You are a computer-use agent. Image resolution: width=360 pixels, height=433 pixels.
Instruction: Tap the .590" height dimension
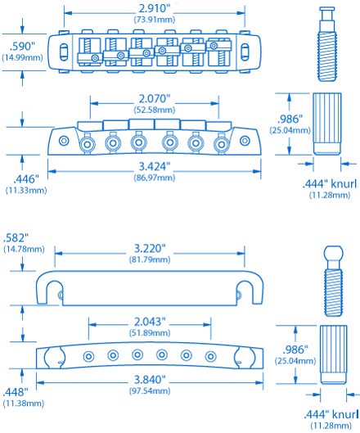coord(23,47)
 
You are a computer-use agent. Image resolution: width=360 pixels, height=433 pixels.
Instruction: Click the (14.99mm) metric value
coord(23,59)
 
